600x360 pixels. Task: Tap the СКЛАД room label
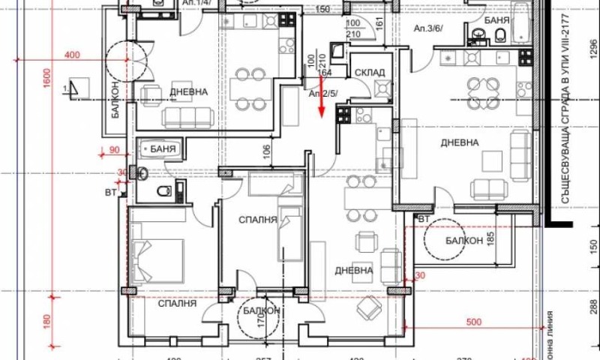[370, 73]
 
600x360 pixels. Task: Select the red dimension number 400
[73, 55]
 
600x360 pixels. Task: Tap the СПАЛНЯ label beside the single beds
[258, 220]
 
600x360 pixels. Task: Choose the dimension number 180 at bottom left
[46, 323]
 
